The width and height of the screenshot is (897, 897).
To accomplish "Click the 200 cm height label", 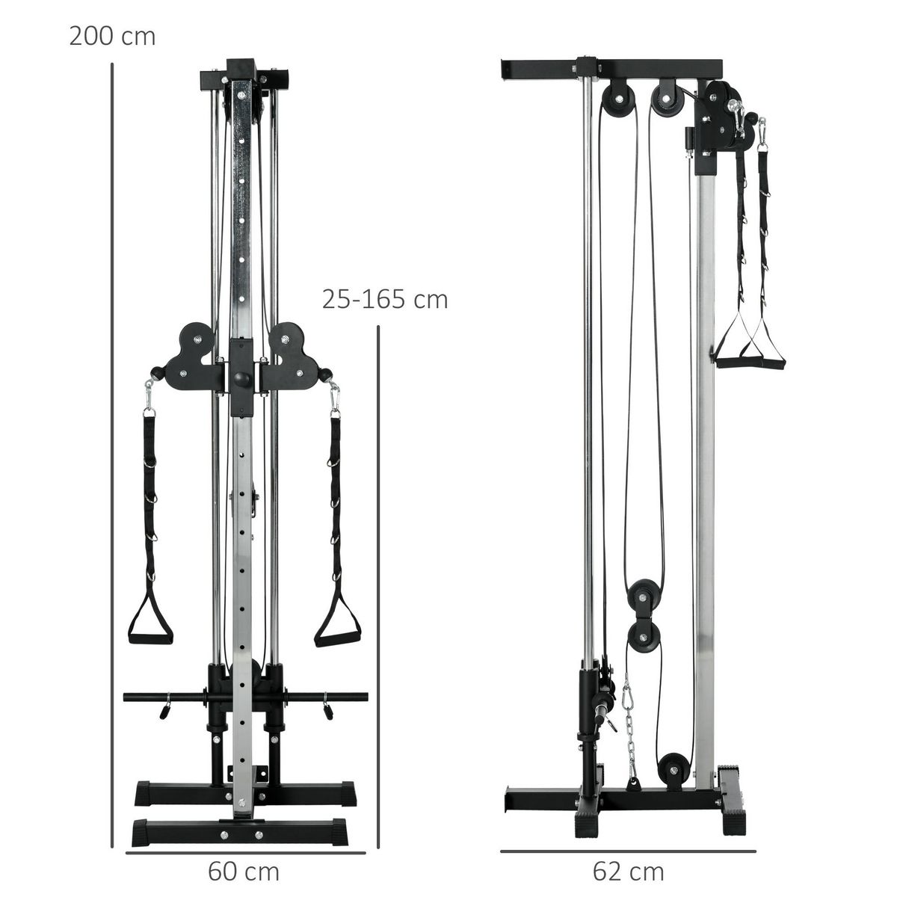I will (112, 36).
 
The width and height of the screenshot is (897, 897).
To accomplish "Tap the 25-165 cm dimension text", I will (385, 299).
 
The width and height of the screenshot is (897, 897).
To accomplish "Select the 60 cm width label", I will (244, 872).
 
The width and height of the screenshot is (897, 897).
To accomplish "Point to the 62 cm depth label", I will (628, 872).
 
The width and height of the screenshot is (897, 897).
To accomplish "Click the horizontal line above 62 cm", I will (628, 851).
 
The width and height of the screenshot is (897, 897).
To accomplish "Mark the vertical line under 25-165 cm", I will (379, 583).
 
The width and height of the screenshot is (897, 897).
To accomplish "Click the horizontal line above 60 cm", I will (245, 851).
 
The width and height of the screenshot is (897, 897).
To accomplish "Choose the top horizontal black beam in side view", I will (613, 68).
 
